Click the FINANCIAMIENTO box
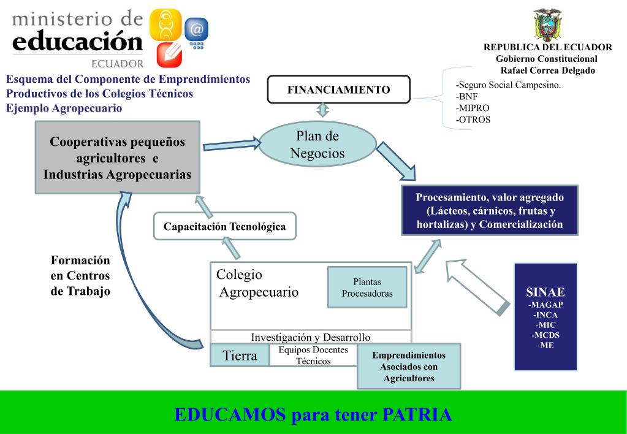338,89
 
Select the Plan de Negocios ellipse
317,145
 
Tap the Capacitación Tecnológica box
224,226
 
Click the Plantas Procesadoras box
367,287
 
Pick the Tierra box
240,356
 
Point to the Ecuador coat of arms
547,25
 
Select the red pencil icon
169,55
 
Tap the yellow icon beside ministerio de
165,25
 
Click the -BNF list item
467,96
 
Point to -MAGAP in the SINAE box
545,305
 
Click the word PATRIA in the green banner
417,415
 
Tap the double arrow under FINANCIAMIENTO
323,110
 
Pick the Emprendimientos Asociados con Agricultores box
409,367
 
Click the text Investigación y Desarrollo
311,337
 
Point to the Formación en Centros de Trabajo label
80,276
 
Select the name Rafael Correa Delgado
547,70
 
